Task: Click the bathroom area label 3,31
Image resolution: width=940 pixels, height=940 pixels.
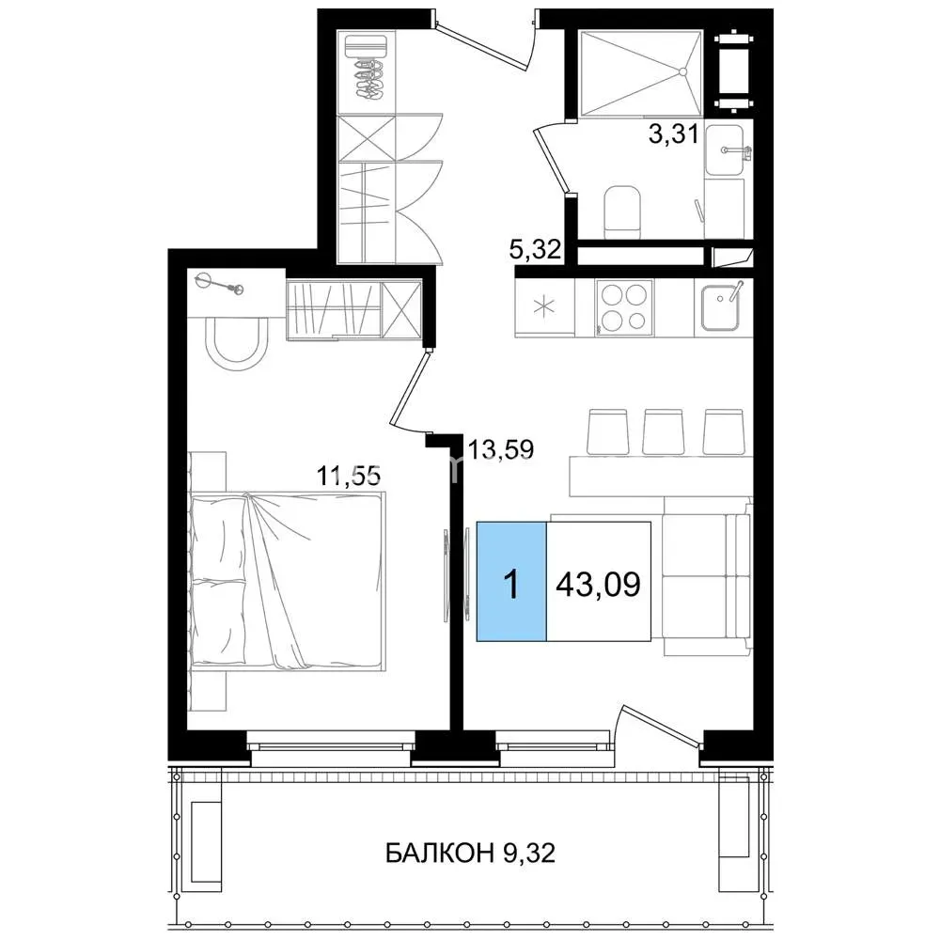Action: click(x=674, y=133)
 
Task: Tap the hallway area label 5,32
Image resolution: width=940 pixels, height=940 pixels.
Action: click(x=535, y=249)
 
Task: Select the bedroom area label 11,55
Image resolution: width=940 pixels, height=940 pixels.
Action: click(x=349, y=476)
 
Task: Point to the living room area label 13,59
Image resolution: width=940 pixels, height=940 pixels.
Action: click(x=501, y=449)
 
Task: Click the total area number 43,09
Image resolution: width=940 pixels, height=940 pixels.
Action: click(x=598, y=584)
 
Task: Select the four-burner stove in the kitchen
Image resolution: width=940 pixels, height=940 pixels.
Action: click(x=624, y=307)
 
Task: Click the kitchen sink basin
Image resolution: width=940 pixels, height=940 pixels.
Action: click(x=719, y=307)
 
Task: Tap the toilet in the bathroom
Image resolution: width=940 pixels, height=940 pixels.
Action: click(x=622, y=211)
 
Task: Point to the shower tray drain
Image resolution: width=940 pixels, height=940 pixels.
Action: click(x=682, y=71)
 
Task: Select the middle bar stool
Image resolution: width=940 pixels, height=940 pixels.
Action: click(x=663, y=431)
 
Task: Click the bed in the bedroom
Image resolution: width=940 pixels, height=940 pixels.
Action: click(x=288, y=580)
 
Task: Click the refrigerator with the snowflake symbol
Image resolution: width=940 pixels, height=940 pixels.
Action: click(x=545, y=307)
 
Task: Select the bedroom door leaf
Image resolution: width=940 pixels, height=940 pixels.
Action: click(x=410, y=388)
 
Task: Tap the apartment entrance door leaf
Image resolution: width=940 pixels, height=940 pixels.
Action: click(x=481, y=44)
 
